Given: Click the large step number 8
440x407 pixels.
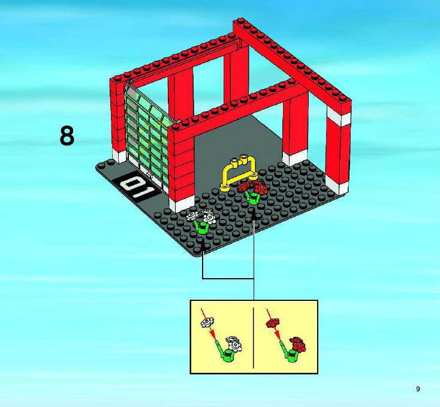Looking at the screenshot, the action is tap(67, 135).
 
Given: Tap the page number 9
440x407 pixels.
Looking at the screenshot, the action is tap(418, 389).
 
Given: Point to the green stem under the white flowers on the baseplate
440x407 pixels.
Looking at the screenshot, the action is tap(201, 227).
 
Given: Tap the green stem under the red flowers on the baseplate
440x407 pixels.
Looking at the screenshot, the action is tap(252, 198).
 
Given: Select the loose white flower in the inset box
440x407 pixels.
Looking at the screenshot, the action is tap(207, 322).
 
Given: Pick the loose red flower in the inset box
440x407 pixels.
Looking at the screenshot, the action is tap(273, 322).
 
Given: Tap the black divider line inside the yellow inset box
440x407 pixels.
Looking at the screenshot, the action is tap(254, 337).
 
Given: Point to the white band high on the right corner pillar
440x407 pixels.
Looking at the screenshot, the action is tap(339, 116).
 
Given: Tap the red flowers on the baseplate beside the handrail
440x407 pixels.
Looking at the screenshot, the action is tap(253, 187).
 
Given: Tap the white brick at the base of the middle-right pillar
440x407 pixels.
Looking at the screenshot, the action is tap(295, 157).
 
